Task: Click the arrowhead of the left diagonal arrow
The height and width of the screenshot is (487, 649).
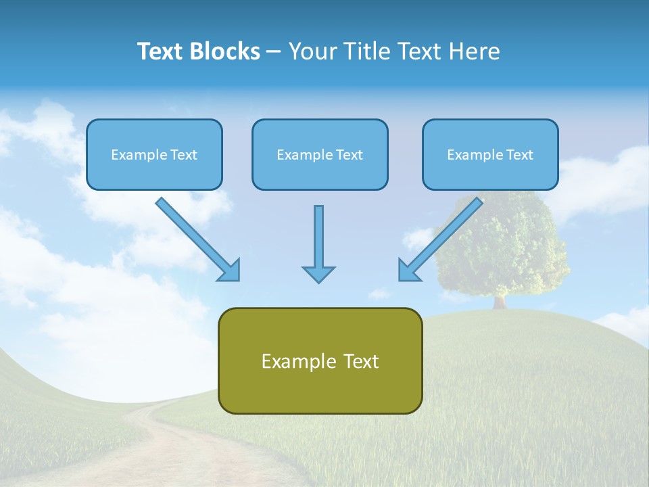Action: (x=230, y=271)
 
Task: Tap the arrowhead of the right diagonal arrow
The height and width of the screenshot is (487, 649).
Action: (x=408, y=271)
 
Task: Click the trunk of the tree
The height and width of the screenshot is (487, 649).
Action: (x=500, y=302)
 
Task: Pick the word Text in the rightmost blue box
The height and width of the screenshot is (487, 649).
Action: (x=520, y=155)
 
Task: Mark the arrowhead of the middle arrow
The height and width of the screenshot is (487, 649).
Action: (x=318, y=274)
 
